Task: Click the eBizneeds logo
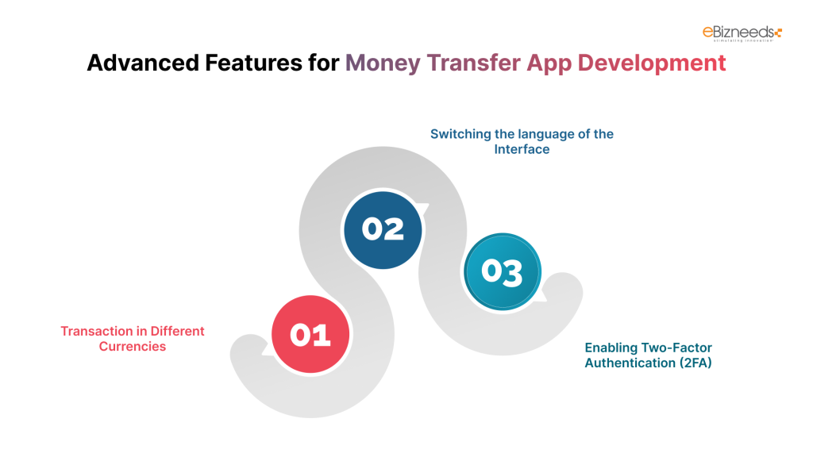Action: (742, 33)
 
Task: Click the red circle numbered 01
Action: (310, 335)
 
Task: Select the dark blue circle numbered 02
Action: (383, 228)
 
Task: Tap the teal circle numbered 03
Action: (502, 272)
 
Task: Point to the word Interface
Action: (522, 149)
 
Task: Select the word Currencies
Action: (133, 346)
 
